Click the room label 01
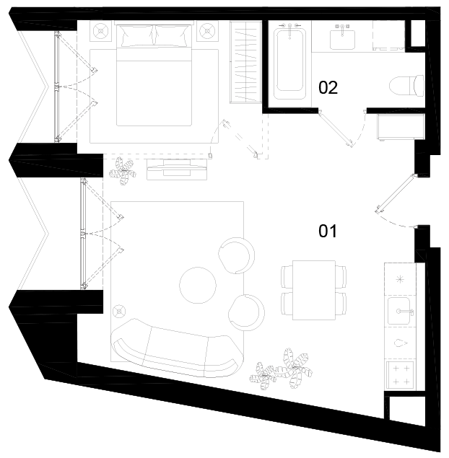(x=328, y=231)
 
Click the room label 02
(x=328, y=87)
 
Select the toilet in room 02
(x=407, y=85)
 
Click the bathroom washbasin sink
(x=342, y=40)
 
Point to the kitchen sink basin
(x=399, y=311)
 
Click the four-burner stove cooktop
(x=400, y=375)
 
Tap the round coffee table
(x=198, y=285)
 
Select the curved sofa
(x=177, y=349)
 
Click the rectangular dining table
(x=314, y=290)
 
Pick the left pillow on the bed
(x=137, y=35)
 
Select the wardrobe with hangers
(x=245, y=62)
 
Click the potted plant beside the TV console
(x=123, y=171)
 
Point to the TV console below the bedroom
(x=177, y=169)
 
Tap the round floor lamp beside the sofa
(x=119, y=312)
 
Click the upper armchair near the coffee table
(x=237, y=255)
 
